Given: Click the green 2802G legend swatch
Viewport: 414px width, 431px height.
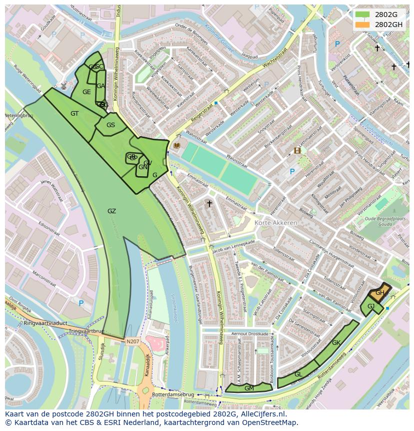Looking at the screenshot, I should [x=362, y=15].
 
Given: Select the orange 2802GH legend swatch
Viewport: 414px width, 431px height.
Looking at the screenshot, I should [x=362, y=25].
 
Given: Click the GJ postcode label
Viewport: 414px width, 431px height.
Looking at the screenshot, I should [x=371, y=306].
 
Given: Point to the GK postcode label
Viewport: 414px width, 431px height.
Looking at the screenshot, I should [x=336, y=343].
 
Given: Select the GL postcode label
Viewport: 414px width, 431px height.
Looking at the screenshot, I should [x=298, y=374].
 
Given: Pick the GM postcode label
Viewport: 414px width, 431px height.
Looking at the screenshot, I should [x=249, y=388].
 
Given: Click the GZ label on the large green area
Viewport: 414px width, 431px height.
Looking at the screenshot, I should [x=111, y=211].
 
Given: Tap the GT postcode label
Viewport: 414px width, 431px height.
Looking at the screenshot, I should [x=74, y=114].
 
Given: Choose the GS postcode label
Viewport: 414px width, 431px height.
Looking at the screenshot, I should [x=110, y=125].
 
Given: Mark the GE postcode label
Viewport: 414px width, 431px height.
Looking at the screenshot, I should [x=86, y=92].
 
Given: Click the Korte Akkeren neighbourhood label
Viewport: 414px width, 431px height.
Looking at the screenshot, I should [x=275, y=223].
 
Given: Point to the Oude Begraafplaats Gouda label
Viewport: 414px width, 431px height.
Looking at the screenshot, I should [x=383, y=221].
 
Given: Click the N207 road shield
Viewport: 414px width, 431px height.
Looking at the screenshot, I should [x=132, y=341].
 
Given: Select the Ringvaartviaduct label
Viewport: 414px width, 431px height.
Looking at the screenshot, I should [x=45, y=323].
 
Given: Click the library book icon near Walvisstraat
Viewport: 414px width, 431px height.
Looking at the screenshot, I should [x=176, y=145].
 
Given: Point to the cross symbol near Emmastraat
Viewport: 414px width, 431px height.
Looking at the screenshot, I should [x=209, y=204].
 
